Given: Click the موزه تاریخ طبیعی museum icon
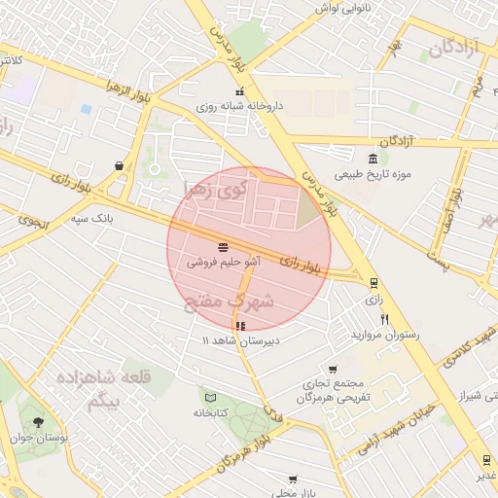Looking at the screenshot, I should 373,160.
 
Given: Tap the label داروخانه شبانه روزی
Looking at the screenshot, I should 237,107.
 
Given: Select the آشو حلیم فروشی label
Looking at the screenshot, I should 224,262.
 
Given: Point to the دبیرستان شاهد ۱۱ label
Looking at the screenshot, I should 240,340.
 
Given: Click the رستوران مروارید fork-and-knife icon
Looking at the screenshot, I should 385,319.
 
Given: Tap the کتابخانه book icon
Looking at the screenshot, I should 211,396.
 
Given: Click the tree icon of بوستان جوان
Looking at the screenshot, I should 38,422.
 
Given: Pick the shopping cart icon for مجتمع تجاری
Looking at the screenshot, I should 333,370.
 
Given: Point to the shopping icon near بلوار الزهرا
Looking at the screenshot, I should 119,165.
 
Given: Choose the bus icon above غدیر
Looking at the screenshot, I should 485,459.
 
